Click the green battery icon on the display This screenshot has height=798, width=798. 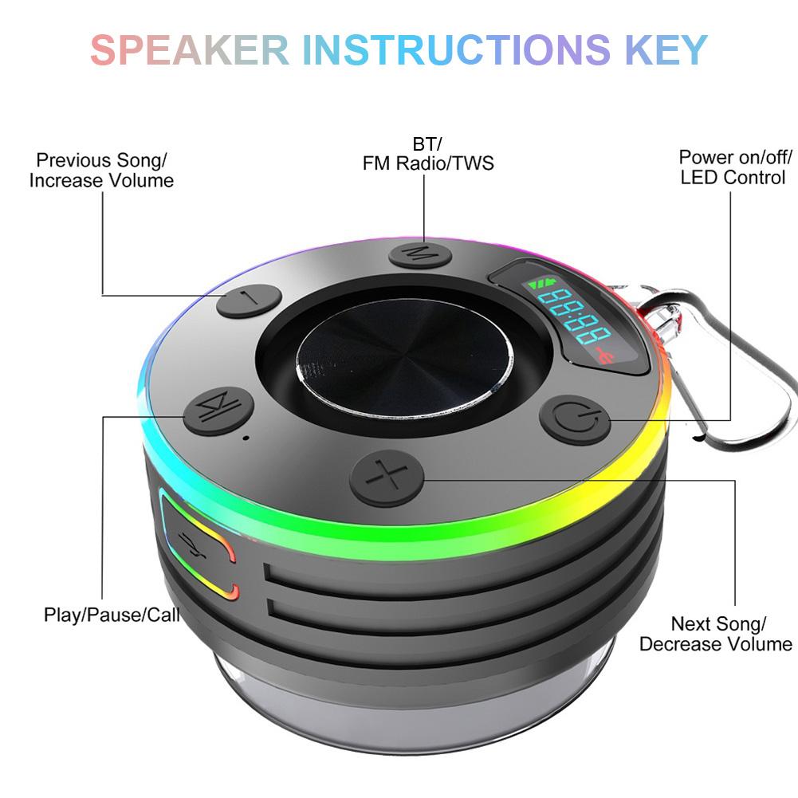coord(548,284)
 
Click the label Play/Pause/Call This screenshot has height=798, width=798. coord(112,615)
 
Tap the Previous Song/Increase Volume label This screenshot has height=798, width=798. coord(101,171)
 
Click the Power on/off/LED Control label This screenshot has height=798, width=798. coord(733,167)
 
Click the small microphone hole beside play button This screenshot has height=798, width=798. coord(246,437)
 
